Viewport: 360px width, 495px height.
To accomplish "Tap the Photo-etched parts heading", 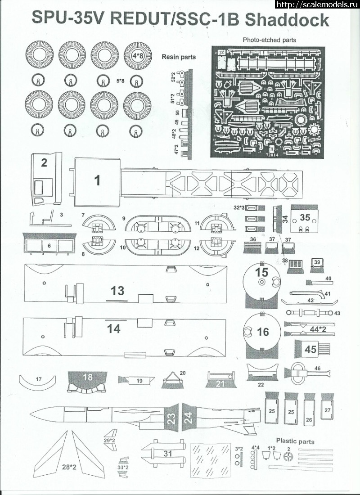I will tap(269, 40).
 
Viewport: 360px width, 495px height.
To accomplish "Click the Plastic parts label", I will tap(295, 441).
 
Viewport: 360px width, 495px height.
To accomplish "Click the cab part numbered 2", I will tap(44, 162).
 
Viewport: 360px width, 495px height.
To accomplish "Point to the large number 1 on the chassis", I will tap(97, 180).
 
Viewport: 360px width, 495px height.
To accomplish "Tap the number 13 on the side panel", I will tap(117, 291).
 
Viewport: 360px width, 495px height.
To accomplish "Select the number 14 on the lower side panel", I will tap(114, 329).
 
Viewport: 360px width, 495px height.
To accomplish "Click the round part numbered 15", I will tap(261, 272).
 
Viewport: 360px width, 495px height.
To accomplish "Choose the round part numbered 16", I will tap(263, 332).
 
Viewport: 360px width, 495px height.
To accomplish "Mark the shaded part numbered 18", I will tap(88, 378).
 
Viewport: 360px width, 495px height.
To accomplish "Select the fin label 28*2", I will tap(69, 467).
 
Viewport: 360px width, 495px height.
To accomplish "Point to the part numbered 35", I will tap(305, 217).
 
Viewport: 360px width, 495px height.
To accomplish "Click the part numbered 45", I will tap(310, 349).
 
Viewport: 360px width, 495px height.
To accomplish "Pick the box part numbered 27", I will tap(327, 410).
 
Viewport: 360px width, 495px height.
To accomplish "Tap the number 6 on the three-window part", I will tap(49, 246).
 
